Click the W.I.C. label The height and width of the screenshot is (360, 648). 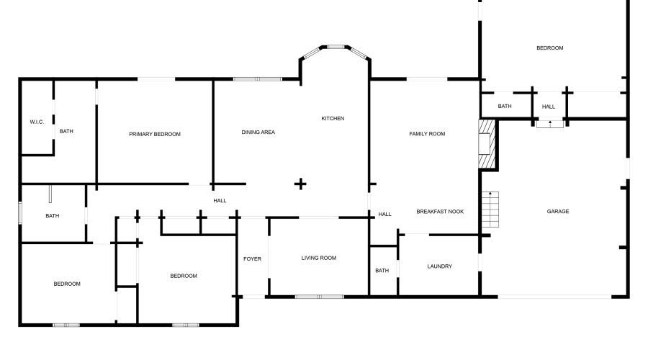click(37, 122)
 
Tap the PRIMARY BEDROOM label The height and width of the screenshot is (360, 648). click(155, 134)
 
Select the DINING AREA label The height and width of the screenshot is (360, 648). click(258, 132)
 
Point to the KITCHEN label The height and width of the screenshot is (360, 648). click(333, 118)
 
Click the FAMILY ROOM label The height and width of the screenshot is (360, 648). click(427, 134)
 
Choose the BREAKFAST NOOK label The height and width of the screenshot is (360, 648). click(440, 212)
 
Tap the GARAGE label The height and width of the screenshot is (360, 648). click(558, 212)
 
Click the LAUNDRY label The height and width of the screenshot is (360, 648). click(439, 266)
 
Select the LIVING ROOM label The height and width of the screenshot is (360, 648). click(318, 258)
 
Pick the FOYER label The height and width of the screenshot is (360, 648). click(252, 258)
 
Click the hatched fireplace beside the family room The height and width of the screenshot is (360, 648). click(487, 144)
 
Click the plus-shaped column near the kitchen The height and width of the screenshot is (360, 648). click(300, 184)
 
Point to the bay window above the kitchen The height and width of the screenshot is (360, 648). click(335, 48)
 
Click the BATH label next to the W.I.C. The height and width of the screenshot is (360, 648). click(66, 131)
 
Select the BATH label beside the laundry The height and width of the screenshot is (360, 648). click(382, 271)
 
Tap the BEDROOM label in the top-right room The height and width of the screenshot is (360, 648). click(549, 48)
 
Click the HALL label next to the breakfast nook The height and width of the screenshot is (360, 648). click(384, 214)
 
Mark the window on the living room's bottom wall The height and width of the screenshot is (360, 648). click(319, 296)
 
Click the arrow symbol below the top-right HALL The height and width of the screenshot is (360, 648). click(550, 123)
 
